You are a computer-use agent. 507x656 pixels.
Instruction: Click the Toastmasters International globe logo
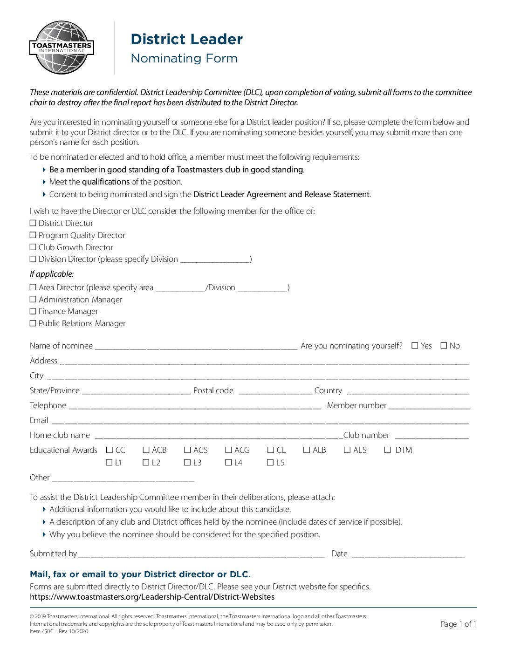point(62,48)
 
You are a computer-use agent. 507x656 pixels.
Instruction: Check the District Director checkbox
point(33,223)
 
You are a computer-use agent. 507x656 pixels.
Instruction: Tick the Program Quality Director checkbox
point(33,235)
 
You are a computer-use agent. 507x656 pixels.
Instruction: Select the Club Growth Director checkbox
point(33,247)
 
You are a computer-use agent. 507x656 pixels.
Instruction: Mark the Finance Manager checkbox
point(33,311)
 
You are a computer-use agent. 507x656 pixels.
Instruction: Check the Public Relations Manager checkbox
point(33,323)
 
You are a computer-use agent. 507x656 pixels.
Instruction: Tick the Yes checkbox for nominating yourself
point(415,346)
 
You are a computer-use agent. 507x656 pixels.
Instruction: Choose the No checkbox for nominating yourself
point(444,346)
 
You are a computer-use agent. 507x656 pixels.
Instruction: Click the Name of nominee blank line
point(196,346)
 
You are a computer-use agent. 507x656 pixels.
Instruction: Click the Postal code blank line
point(275,391)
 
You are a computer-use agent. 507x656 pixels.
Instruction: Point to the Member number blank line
point(429,406)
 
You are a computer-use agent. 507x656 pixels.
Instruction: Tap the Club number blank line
point(432,436)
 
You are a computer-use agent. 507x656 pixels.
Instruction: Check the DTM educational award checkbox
point(388,450)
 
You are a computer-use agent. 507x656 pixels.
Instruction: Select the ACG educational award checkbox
point(229,450)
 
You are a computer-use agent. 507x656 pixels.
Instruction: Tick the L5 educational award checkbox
point(271,463)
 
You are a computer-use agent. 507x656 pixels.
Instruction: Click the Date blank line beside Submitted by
point(408,554)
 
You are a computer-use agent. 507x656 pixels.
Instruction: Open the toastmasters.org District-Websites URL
point(152,597)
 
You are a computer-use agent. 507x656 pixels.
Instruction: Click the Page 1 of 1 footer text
point(458,624)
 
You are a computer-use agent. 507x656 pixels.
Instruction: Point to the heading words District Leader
point(186,39)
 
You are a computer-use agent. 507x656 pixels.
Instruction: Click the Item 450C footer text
point(41,631)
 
